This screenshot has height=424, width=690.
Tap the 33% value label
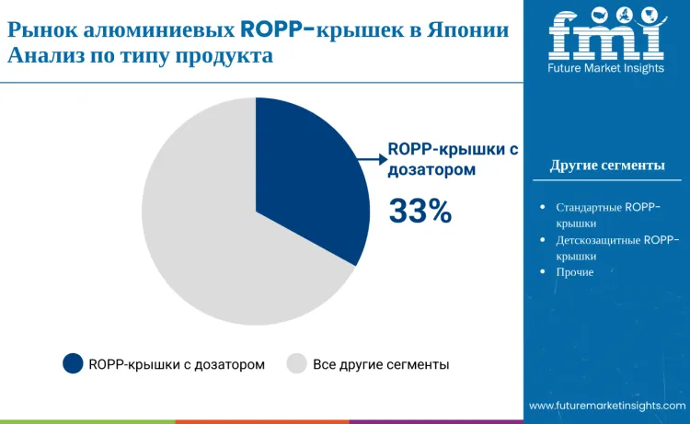click(x=420, y=212)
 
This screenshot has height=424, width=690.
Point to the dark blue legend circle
click(x=73, y=364)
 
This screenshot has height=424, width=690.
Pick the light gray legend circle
click(x=296, y=364)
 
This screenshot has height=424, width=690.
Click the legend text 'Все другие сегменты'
click(x=381, y=364)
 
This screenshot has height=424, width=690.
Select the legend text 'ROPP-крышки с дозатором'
click(x=177, y=364)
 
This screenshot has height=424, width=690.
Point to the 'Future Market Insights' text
click(x=606, y=69)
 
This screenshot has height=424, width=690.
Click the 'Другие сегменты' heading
click(x=607, y=166)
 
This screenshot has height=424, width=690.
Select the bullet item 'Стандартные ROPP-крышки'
click(x=608, y=214)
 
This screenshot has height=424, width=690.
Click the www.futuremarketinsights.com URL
click(x=607, y=405)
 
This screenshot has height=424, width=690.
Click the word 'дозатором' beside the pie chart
click(x=431, y=169)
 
